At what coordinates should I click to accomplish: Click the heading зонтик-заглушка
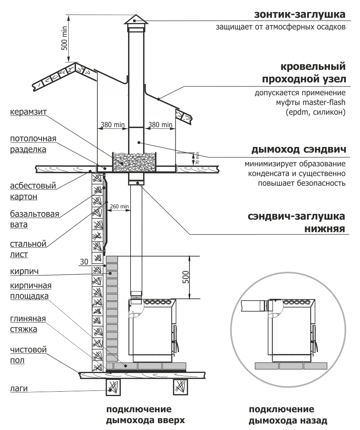[x=299, y=15]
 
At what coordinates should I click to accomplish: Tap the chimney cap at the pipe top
[x=136, y=20]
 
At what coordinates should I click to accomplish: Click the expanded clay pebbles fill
[x=135, y=162]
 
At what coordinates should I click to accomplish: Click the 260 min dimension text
[x=120, y=206]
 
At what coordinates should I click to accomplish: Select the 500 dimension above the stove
[x=185, y=277]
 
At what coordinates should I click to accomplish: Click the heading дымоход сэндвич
[x=298, y=150]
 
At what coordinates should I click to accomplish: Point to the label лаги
[x=19, y=389]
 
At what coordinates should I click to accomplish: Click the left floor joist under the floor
[x=113, y=388]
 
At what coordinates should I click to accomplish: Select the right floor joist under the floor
[x=181, y=388]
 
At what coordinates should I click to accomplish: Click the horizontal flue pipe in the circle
[x=253, y=306]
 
